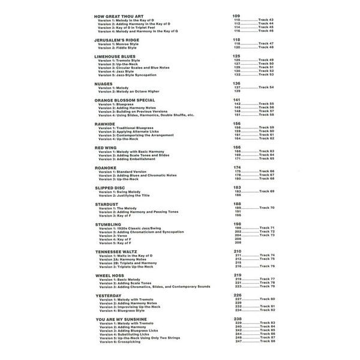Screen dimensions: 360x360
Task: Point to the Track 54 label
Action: click(x=266, y=88)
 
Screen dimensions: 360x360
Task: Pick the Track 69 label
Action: click(x=266, y=191)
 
